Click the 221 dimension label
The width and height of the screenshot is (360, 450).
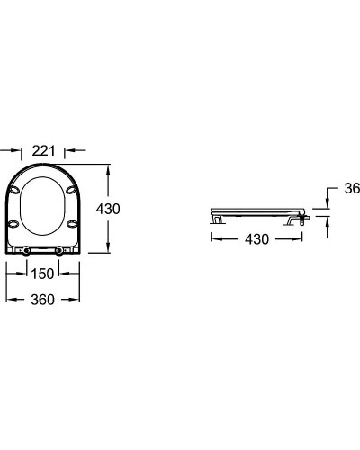tap(44, 151)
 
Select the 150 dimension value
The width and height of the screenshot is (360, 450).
tap(42, 274)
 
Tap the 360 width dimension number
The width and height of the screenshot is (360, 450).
tap(43, 300)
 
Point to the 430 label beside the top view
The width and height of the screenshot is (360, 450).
tap(108, 209)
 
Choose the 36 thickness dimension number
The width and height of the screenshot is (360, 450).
tap(352, 189)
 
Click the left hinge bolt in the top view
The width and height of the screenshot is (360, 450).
tap(26, 251)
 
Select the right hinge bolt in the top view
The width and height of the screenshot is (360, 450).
tap(59, 251)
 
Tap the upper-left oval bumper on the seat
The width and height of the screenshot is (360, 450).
tap(14, 190)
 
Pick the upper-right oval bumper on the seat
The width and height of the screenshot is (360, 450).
tap(71, 190)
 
